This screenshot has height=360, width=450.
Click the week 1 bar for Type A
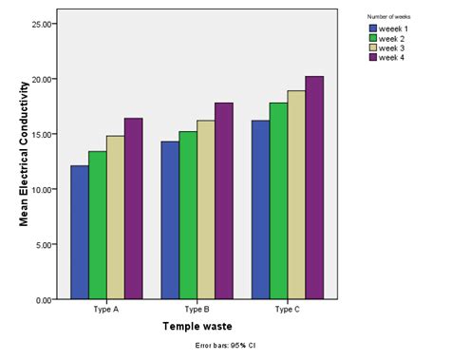79,233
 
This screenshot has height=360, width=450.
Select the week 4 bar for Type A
133,209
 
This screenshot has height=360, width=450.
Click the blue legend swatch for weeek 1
373,28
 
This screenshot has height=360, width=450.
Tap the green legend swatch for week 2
373,38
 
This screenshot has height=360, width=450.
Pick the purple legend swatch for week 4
373,58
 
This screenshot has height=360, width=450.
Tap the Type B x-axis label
197,310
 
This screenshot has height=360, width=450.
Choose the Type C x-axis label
288,310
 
